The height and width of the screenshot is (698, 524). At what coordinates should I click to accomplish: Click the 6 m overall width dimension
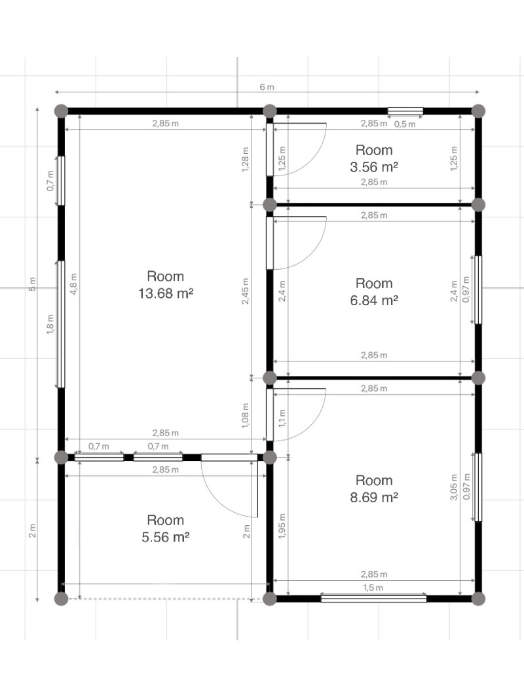(x=267, y=87)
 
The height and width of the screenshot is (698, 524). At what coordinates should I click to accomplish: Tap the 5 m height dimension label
(x=32, y=284)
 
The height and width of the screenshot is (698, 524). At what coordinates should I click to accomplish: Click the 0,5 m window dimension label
(x=405, y=124)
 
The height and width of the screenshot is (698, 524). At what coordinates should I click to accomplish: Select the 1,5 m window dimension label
(x=373, y=587)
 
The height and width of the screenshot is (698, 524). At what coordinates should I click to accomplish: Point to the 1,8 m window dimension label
(x=50, y=323)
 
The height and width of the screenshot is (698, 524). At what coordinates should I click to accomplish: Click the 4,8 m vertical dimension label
(x=74, y=284)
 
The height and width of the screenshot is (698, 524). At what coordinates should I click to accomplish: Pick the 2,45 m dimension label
(x=246, y=291)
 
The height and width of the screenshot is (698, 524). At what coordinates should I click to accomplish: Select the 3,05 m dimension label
(x=454, y=487)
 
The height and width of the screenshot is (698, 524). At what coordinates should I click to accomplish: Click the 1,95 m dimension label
(x=282, y=526)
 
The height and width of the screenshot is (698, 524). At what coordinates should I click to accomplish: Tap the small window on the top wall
(x=405, y=111)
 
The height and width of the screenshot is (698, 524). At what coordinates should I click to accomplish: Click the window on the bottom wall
(x=373, y=598)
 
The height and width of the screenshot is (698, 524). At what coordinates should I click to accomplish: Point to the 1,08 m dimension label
(x=246, y=416)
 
